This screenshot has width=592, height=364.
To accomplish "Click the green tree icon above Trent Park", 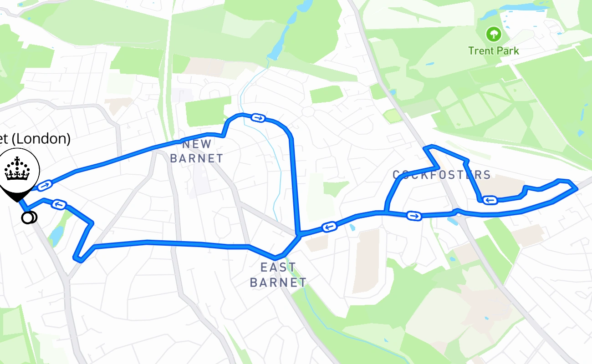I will tap(493, 34).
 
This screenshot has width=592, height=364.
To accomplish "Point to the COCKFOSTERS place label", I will tap(442, 175).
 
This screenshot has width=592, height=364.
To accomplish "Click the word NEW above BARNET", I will tap(197, 145).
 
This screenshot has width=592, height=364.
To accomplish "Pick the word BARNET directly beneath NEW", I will tap(196, 159).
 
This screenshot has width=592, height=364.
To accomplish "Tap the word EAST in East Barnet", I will tap(278, 268).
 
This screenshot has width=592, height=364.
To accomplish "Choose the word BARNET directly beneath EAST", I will tap(278, 282).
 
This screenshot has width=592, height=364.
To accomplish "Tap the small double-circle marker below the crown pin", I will tap(29, 218).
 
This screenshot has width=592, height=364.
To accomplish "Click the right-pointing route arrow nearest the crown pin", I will tap(45, 185).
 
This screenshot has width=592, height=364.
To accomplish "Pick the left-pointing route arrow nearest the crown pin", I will tap(59, 204).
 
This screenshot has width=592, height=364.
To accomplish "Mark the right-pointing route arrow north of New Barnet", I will tap(258, 118).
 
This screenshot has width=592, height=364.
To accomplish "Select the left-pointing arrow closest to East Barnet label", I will tap(329, 227).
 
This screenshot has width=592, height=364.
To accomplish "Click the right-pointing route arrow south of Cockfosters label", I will tap(414, 216).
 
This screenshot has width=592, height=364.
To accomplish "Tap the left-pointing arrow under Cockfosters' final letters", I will tap(490, 200).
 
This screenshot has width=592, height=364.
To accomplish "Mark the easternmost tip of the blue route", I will tap(577, 187).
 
